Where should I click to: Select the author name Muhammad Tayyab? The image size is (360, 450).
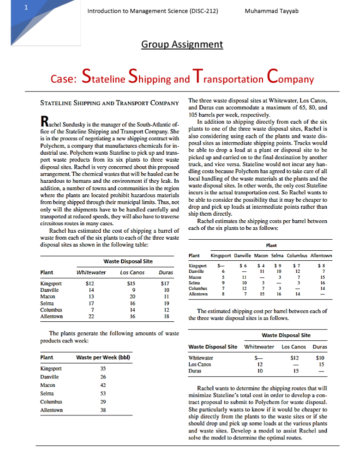[272, 11]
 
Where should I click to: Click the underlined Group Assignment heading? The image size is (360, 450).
[182, 44]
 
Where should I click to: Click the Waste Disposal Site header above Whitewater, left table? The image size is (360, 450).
[128, 261]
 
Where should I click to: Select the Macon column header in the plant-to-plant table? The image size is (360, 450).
[261, 256]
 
